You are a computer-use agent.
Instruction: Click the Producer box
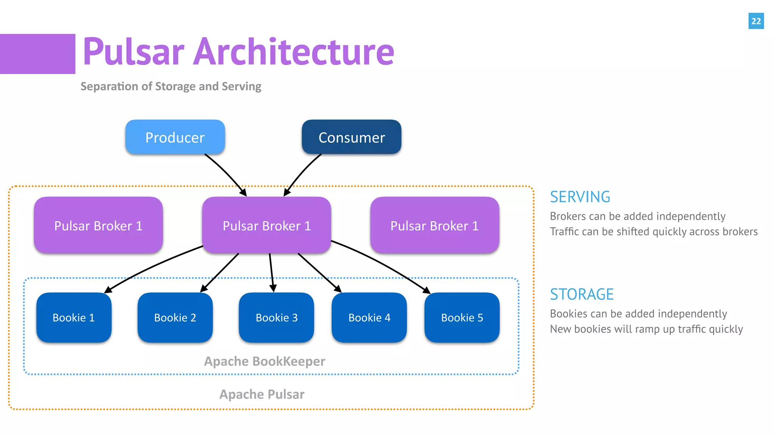coord(175,137)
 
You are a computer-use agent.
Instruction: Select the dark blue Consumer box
coord(351,137)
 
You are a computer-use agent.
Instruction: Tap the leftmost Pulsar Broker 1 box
coord(98,225)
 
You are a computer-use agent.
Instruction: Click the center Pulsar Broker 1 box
coord(266,225)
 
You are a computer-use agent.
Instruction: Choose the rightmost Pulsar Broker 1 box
coord(435,225)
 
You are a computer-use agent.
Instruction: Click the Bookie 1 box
coord(74,318)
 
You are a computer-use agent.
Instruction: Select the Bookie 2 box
coord(175,318)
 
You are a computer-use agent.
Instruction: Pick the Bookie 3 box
coord(276,318)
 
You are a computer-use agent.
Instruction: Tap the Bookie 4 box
coord(369,318)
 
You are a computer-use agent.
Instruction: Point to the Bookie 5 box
coord(462,318)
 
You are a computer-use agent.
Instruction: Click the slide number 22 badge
coord(756,21)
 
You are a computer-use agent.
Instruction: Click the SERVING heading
coord(580,197)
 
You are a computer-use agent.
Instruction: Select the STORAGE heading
coord(582,295)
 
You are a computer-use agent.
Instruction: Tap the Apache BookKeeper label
coord(265,361)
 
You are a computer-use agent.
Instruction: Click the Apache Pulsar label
coord(262,394)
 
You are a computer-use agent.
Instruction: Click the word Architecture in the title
coord(294,52)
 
